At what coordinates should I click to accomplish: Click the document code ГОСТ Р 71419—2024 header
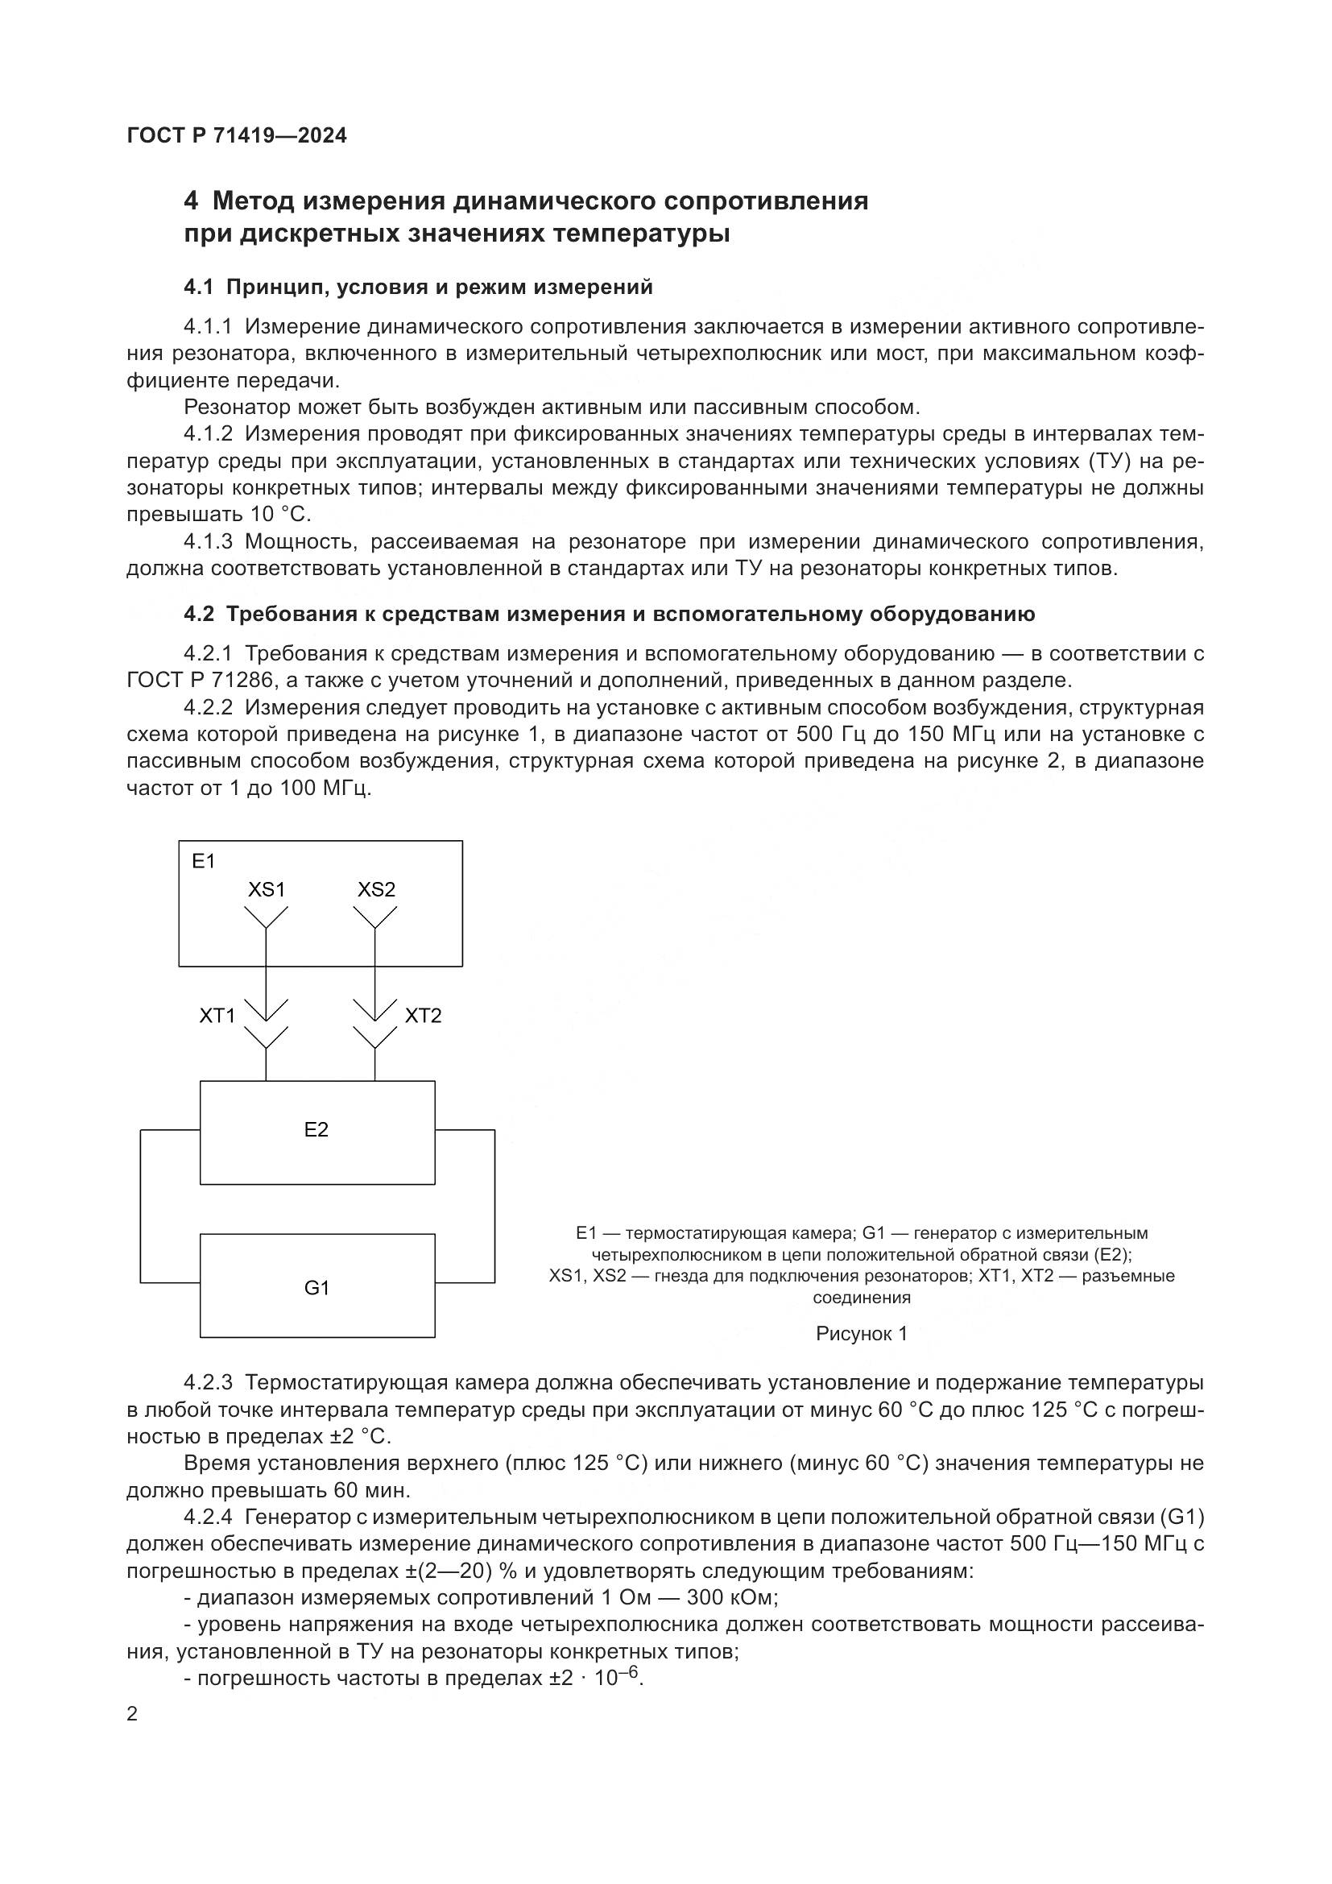tap(237, 136)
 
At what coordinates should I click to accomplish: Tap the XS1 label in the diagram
tap(267, 889)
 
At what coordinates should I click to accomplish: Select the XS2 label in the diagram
tap(376, 889)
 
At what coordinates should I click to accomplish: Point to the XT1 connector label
tap(217, 1016)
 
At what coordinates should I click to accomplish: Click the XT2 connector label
tap(424, 1016)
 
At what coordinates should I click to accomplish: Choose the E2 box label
tap(316, 1130)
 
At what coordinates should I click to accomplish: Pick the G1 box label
tap(316, 1288)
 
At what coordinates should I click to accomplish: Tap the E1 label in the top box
tap(203, 861)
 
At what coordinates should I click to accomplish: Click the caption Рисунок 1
tap(861, 1334)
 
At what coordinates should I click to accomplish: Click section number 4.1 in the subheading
tap(198, 288)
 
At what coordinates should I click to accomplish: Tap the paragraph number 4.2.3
tap(209, 1384)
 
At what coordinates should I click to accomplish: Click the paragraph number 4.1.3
tap(209, 541)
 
